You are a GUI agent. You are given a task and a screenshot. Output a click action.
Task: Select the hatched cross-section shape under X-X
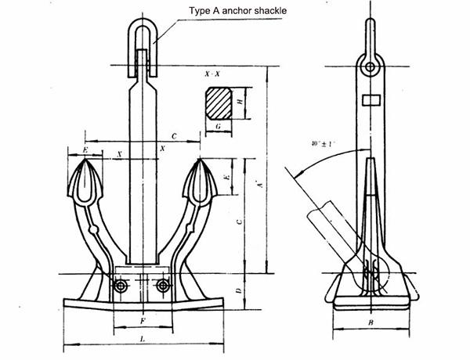coord(219,103)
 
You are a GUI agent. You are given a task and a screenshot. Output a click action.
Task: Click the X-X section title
coord(211,73)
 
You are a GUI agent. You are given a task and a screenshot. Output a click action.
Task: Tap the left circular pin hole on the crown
coord(120,286)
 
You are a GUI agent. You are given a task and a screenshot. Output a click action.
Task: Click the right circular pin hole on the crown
coord(163,286)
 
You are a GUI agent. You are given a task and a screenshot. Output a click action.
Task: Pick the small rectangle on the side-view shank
coord(371,100)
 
